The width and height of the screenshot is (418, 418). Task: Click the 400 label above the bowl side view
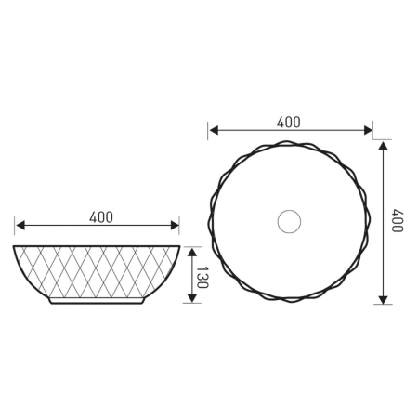click(x=101, y=216)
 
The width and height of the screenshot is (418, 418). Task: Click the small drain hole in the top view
click(x=290, y=221)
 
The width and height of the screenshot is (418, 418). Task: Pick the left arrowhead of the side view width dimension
click(x=19, y=226)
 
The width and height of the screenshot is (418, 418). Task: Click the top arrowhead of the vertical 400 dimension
click(x=383, y=145)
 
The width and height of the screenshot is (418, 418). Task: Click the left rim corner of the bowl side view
click(x=15, y=247)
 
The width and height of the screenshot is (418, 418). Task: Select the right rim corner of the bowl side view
click(x=180, y=247)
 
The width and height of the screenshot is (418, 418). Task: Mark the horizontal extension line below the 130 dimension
click(x=192, y=305)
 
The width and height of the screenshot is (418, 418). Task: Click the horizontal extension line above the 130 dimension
click(x=192, y=245)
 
